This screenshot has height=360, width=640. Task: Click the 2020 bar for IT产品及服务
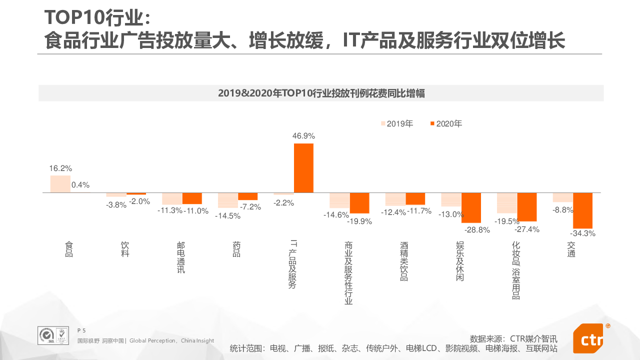point(303,168)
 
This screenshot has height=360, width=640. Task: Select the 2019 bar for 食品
point(60,184)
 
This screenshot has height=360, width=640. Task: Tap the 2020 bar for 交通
point(582,210)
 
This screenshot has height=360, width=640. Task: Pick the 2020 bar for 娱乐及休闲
point(471,207)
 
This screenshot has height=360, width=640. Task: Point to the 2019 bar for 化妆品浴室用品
point(507,203)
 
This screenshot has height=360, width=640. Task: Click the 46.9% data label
point(303,136)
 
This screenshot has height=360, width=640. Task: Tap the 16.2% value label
point(60,168)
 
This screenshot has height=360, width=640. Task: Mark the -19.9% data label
point(360,221)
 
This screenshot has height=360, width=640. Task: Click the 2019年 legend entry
point(397,124)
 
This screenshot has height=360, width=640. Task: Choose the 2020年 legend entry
point(446,124)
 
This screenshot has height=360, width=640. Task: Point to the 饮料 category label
point(125,249)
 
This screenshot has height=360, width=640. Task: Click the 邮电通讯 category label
point(181,257)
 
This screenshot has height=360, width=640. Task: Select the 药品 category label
point(236,249)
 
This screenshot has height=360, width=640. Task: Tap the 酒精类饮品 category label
point(404,261)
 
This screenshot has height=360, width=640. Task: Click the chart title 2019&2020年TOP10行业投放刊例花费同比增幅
point(321,93)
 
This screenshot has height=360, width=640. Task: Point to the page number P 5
point(81,330)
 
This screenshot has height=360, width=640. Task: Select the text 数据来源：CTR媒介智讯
point(513,338)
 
